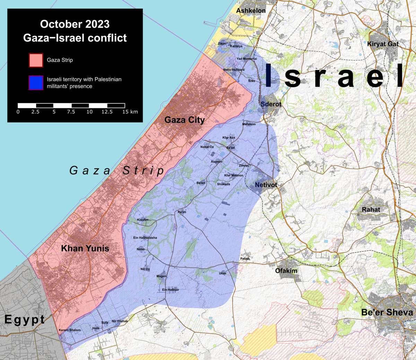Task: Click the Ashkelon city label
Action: coord(251,11)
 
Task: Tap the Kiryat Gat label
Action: coord(383,44)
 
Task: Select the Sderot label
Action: coord(271,104)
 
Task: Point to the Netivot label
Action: coord(266,185)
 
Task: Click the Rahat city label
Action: coord(371,210)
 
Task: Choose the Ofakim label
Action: coord(286,271)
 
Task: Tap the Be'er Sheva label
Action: coord(387,313)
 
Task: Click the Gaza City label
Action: coord(184,120)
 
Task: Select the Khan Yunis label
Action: coord(85,248)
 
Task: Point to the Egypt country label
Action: coord(25,319)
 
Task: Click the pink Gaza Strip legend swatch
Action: coord(36,60)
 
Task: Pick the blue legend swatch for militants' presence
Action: coord(36,83)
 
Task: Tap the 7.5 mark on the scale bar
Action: coord(71,112)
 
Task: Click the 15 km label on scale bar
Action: coord(130,112)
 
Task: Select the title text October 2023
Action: coord(75,24)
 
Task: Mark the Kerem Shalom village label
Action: coord(70,330)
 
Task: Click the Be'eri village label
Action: coord(201,183)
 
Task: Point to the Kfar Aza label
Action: coord(228,138)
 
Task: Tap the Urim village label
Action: coord(223,273)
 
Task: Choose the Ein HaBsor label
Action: coord(170,290)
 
